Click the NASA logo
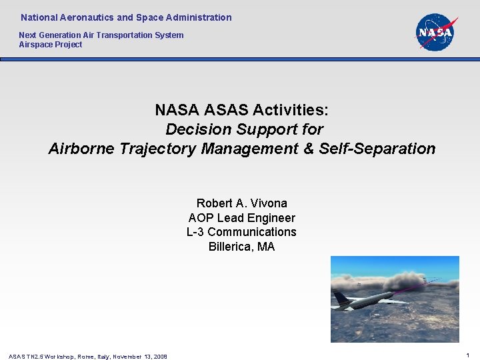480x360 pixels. pyautogui.click(x=435, y=32)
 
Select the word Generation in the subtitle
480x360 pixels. pyautogui.click(x=61, y=35)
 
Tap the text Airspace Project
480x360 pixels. pyautogui.click(x=51, y=45)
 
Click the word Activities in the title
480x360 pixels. pyautogui.click(x=295, y=109)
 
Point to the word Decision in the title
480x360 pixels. pyautogui.click(x=193, y=129)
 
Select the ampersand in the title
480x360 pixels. pyautogui.click(x=309, y=149)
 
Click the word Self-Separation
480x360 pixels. pyautogui.click(x=377, y=149)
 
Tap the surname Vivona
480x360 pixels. pyautogui.click(x=267, y=203)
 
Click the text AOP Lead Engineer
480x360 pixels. pyautogui.click(x=241, y=217)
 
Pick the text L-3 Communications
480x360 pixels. pyautogui.click(x=241, y=232)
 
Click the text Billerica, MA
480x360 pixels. pyautogui.click(x=241, y=247)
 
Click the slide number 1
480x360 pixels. pyautogui.click(x=469, y=356)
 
